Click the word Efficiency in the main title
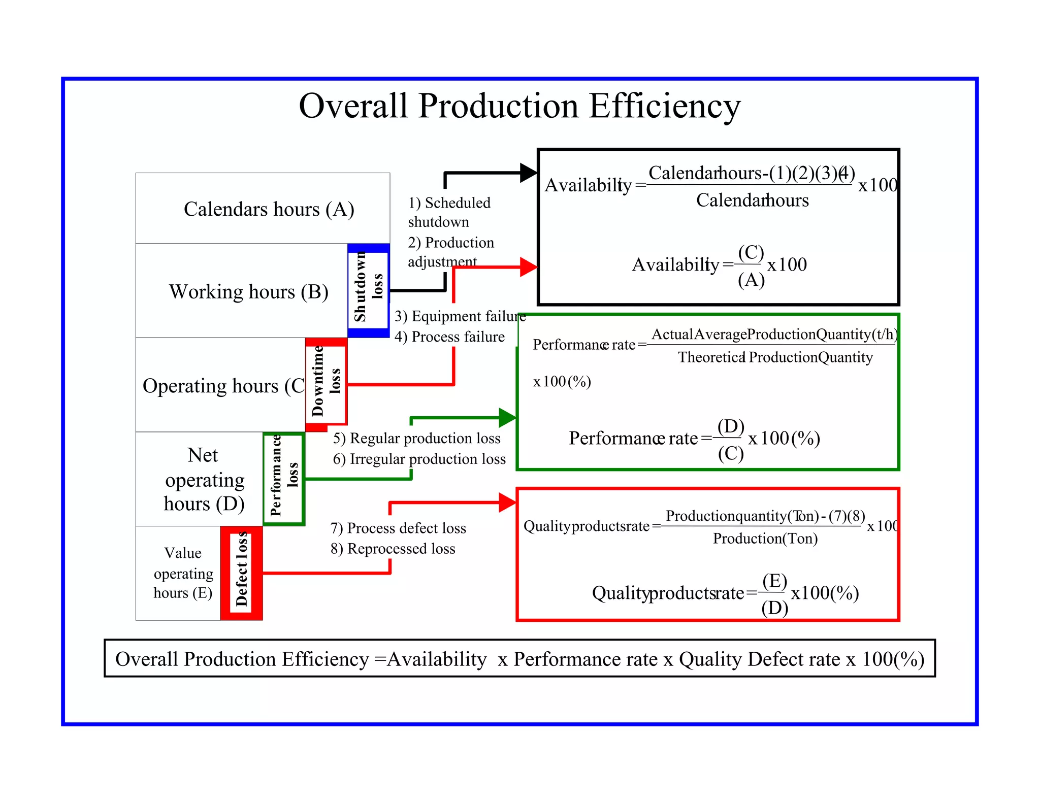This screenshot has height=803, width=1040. (665, 107)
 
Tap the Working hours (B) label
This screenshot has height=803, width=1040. (248, 292)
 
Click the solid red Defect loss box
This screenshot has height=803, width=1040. (242, 573)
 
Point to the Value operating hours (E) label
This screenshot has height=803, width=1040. (183, 573)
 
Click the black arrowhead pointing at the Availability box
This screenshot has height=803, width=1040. (528, 173)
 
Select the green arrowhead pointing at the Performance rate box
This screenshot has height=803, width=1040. (507, 418)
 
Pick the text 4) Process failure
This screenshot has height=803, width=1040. (449, 337)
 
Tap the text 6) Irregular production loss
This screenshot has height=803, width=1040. (419, 459)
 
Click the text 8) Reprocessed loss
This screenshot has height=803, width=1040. (393, 549)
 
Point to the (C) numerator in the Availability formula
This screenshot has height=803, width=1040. (751, 252)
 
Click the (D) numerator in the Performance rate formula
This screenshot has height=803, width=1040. (730, 426)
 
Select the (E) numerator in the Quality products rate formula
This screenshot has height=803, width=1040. (774, 581)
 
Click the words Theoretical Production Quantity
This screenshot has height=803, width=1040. (775, 357)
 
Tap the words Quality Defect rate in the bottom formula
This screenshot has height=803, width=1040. (760, 659)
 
